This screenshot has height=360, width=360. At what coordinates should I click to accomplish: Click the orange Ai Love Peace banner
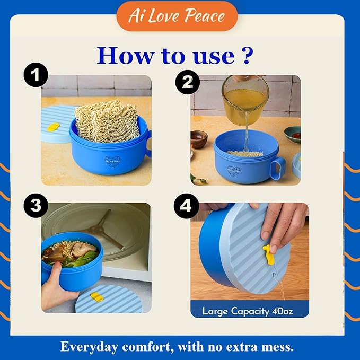point(177,16)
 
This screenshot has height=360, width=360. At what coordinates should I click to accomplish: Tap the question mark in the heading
point(247,55)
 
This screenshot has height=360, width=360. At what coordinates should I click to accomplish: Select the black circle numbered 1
point(36,75)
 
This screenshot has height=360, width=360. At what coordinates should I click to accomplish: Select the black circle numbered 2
point(187,82)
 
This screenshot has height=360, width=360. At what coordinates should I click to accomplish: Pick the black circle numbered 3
point(36,205)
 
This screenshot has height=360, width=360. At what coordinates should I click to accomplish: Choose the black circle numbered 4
point(186,206)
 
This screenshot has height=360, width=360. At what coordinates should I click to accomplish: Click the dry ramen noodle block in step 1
point(107,121)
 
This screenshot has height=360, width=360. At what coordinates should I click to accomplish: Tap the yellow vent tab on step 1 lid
point(54,127)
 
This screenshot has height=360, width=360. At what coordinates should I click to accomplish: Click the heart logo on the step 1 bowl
point(112,161)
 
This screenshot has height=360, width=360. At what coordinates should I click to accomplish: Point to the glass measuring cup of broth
point(245,100)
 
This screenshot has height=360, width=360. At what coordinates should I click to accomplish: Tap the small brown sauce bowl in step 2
point(199,139)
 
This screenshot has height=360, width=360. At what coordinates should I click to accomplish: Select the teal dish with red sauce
point(293,134)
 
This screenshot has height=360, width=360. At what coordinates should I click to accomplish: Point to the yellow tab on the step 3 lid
point(96,297)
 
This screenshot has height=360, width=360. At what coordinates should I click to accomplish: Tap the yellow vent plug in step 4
point(269,254)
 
